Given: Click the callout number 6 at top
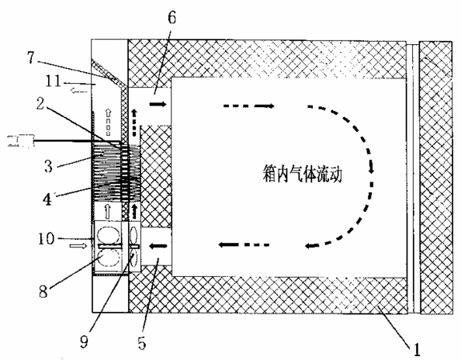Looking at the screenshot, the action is tap(172, 18).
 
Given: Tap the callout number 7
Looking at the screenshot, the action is tap(31, 58).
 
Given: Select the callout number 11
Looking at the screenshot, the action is tap(53, 81).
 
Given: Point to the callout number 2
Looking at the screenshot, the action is tap(40, 104).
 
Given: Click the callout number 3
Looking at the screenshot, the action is tap(48, 166).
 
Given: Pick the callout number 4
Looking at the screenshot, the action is tap(47, 199).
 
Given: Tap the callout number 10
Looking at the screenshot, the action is tap(46, 238).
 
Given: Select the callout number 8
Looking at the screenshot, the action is tap(43, 291).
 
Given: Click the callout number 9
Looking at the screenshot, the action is tap(84, 342).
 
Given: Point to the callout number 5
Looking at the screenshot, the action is tap(142, 343).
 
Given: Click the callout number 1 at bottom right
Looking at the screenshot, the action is tap(417, 350).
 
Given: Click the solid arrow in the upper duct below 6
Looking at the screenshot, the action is tap(158, 104).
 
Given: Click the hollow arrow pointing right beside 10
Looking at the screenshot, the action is tap(78, 246).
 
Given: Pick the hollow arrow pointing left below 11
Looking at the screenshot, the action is tap(78, 91).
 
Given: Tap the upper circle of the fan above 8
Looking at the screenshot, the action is tap(109, 236).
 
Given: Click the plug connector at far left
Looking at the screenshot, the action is tap(21, 141).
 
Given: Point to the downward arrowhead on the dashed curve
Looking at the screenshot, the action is tap(371, 168).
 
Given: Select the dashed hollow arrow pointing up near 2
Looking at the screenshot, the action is tap(109, 123).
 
